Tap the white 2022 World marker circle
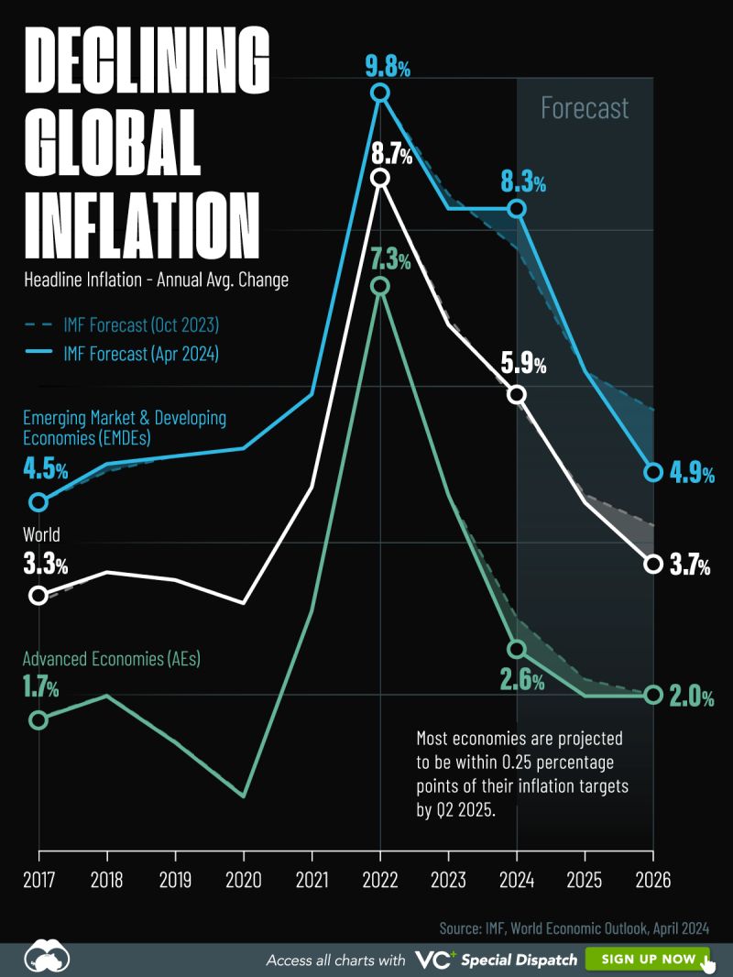click(380, 178)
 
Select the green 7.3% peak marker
click(380, 287)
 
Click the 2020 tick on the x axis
click(244, 880)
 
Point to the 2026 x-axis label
click(652, 880)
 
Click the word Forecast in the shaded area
click(585, 108)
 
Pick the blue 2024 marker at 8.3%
click(517, 209)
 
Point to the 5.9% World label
click(523, 365)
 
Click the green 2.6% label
click(522, 681)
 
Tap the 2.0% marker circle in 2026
click(652, 695)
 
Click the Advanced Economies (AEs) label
click(112, 658)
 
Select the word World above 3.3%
click(41, 534)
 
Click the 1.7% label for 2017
click(41, 686)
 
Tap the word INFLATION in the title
click(140, 224)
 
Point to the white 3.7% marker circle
click(652, 564)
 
